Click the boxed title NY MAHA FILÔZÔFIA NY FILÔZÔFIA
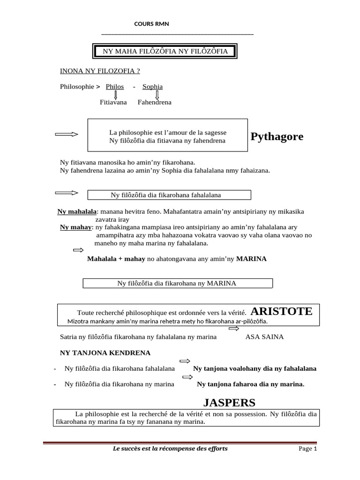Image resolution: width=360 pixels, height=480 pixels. (165, 51)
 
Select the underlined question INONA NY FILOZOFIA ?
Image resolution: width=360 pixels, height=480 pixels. (100, 71)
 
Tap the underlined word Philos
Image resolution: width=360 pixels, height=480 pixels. (115, 87)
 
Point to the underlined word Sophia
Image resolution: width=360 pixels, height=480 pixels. (153, 87)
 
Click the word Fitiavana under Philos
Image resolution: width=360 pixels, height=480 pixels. (113, 102)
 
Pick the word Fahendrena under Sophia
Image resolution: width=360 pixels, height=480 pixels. (155, 102)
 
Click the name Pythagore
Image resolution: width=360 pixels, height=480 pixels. (277, 137)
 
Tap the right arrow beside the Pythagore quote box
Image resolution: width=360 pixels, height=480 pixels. (67, 135)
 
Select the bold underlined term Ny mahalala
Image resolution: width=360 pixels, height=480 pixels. (77, 212)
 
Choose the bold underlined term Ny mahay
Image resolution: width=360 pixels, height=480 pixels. (75, 227)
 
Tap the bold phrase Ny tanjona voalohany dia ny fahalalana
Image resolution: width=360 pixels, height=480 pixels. (255, 368)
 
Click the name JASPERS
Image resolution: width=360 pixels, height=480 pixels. (229, 402)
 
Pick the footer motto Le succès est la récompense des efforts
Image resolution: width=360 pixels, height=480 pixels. (170, 449)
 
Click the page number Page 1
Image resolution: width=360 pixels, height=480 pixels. (308, 449)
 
